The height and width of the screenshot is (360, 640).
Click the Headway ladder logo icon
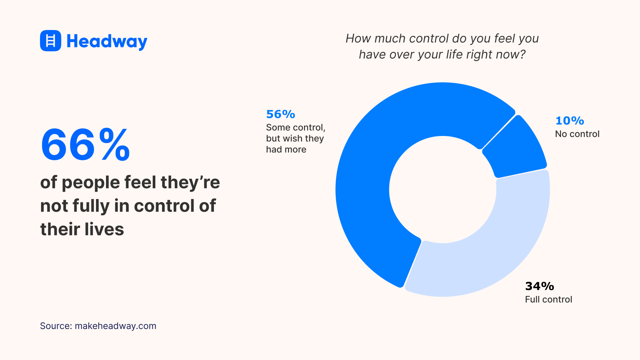tap(50, 41)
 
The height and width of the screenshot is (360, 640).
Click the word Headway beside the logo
tap(107, 41)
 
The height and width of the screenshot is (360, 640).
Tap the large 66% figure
tap(85, 145)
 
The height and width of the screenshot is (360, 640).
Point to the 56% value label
tap(280, 114)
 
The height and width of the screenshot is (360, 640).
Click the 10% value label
tap(569, 121)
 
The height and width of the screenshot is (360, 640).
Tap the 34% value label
tap(539, 286)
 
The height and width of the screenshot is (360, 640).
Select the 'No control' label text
tap(577, 134)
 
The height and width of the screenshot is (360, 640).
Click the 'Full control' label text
tap(548, 299)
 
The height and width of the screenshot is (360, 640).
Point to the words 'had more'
tap(286, 149)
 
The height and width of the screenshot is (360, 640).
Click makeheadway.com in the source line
tap(115, 326)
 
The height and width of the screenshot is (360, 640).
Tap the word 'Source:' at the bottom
tap(56, 326)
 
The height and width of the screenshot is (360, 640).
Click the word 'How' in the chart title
tap(358, 38)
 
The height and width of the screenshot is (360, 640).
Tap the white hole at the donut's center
tap(442, 189)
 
